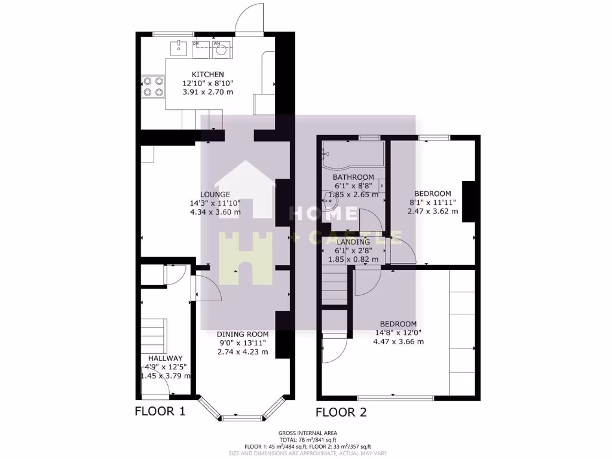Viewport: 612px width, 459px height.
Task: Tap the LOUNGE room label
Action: [x=215, y=194]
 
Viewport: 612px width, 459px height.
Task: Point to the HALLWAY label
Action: [x=165, y=358]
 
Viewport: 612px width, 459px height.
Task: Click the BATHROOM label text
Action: [x=353, y=177]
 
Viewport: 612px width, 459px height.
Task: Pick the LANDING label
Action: [x=353, y=242]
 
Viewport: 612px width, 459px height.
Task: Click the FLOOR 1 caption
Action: [x=160, y=411]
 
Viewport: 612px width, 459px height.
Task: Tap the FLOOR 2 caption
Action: [x=341, y=412]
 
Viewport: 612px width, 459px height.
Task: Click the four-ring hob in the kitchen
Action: [x=152, y=86]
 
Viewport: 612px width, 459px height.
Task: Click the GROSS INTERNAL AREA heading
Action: [x=307, y=433]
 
